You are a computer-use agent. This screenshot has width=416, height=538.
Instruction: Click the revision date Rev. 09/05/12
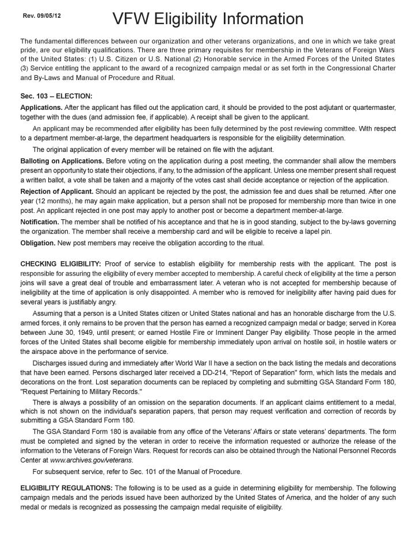click(41, 15)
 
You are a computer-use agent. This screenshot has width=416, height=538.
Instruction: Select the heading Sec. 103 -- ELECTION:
click(56, 97)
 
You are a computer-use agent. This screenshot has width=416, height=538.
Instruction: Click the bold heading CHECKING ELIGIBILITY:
click(60, 264)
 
